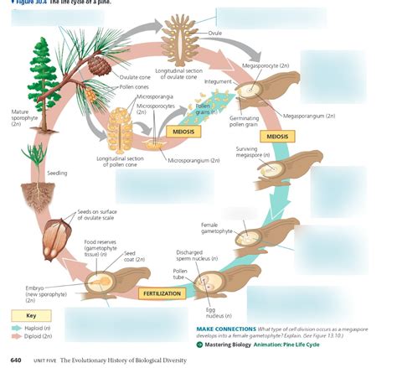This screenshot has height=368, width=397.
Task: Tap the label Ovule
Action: [239, 33]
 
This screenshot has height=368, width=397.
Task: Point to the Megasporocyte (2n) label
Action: [266, 65]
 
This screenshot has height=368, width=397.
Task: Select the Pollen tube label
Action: [180, 275]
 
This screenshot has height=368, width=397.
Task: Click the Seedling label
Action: [57, 174]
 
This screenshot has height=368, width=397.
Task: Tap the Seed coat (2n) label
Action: [131, 257]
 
